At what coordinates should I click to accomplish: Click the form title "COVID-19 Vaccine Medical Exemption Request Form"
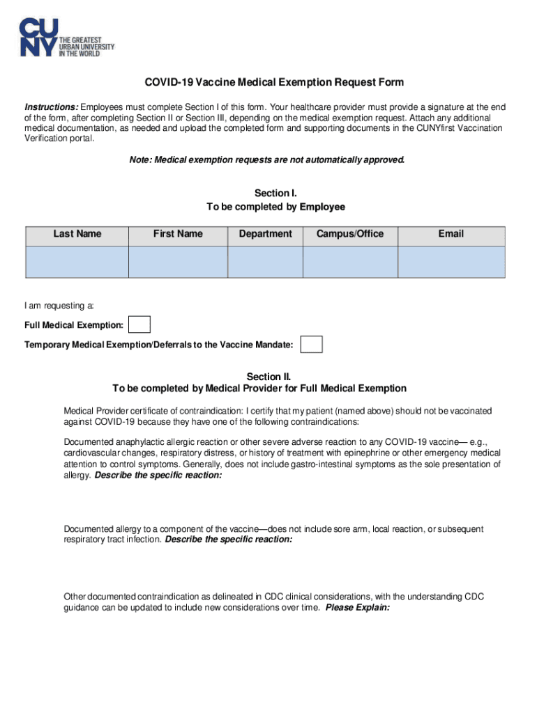click(274, 83)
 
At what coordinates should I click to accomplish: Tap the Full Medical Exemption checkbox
click(140, 325)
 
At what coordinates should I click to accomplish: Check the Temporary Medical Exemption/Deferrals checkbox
click(311, 345)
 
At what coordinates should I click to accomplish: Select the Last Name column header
click(77, 234)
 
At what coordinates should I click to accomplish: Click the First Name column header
click(178, 234)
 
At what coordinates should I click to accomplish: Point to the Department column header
click(265, 234)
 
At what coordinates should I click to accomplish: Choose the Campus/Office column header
click(349, 234)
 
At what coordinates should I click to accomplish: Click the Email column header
click(451, 234)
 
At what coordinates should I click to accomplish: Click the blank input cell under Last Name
click(77, 262)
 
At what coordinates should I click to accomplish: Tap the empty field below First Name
click(178, 262)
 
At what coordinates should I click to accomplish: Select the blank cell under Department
click(265, 262)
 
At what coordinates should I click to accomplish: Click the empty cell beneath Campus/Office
click(349, 262)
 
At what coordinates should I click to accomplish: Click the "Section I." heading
click(275, 194)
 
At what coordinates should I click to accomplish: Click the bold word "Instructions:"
click(52, 107)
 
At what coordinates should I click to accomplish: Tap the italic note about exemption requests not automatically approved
click(266, 160)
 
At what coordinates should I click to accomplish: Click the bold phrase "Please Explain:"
click(357, 607)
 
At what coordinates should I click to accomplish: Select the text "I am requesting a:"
click(59, 306)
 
